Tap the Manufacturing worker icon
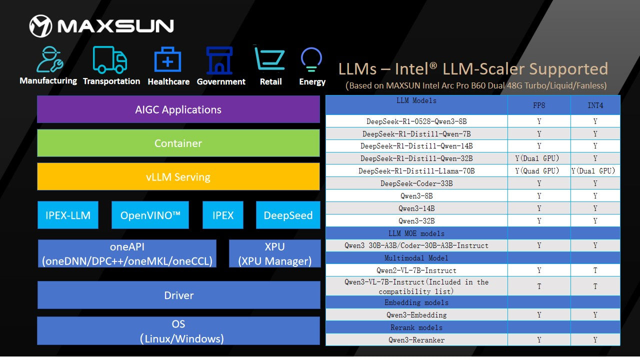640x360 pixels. [x=49, y=59]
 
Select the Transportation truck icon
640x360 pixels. [x=110, y=60]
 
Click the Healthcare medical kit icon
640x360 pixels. [x=168, y=60]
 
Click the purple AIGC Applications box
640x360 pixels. [x=178, y=109]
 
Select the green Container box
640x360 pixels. [x=178, y=143]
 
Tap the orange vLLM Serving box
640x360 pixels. [x=178, y=177]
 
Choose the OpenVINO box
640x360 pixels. [x=150, y=215]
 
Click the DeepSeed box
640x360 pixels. [x=288, y=215]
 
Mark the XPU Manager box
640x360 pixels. [x=274, y=253]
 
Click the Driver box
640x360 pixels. [x=178, y=295]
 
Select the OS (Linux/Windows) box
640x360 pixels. [x=178, y=331]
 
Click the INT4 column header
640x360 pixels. [x=595, y=106]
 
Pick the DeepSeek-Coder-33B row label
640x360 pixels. [x=416, y=183]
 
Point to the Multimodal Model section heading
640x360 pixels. [x=416, y=258]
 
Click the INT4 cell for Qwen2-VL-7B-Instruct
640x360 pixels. [x=595, y=270]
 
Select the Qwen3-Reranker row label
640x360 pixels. [x=416, y=340]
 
